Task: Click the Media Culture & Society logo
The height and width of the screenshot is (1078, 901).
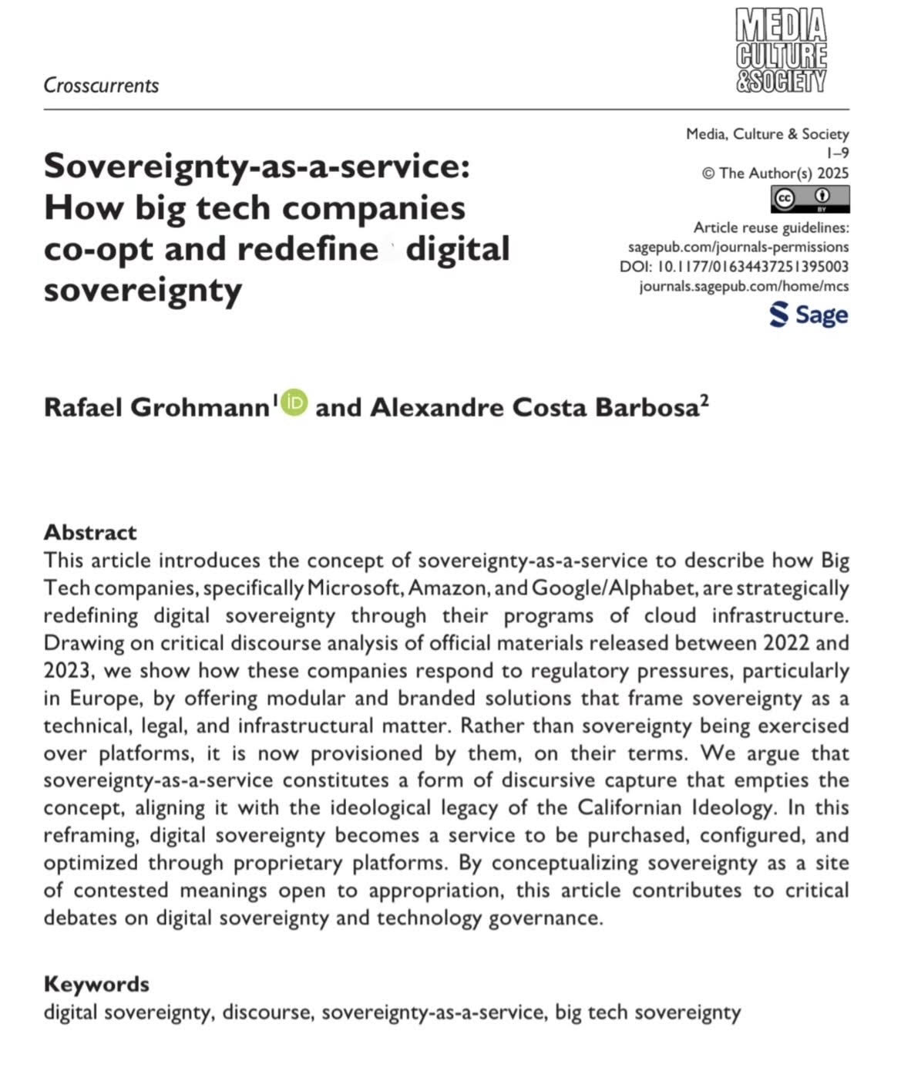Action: coord(781,51)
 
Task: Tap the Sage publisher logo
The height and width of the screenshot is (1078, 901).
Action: coord(809,315)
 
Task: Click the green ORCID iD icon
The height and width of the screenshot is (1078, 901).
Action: coord(294,403)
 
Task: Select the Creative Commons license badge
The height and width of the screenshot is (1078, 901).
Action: coord(809,200)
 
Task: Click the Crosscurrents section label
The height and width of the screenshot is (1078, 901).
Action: coord(101,86)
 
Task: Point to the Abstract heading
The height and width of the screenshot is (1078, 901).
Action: coord(90,532)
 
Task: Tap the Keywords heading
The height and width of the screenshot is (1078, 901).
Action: coord(96,984)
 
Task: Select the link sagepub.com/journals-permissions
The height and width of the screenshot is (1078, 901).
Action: coord(738,247)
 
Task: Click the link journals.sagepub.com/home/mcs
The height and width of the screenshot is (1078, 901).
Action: coord(744,286)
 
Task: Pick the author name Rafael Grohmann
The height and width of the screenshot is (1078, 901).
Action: coord(156,407)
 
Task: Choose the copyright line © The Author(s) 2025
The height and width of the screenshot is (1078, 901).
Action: coord(775,173)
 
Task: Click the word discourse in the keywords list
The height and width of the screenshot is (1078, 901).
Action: coord(267,1012)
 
